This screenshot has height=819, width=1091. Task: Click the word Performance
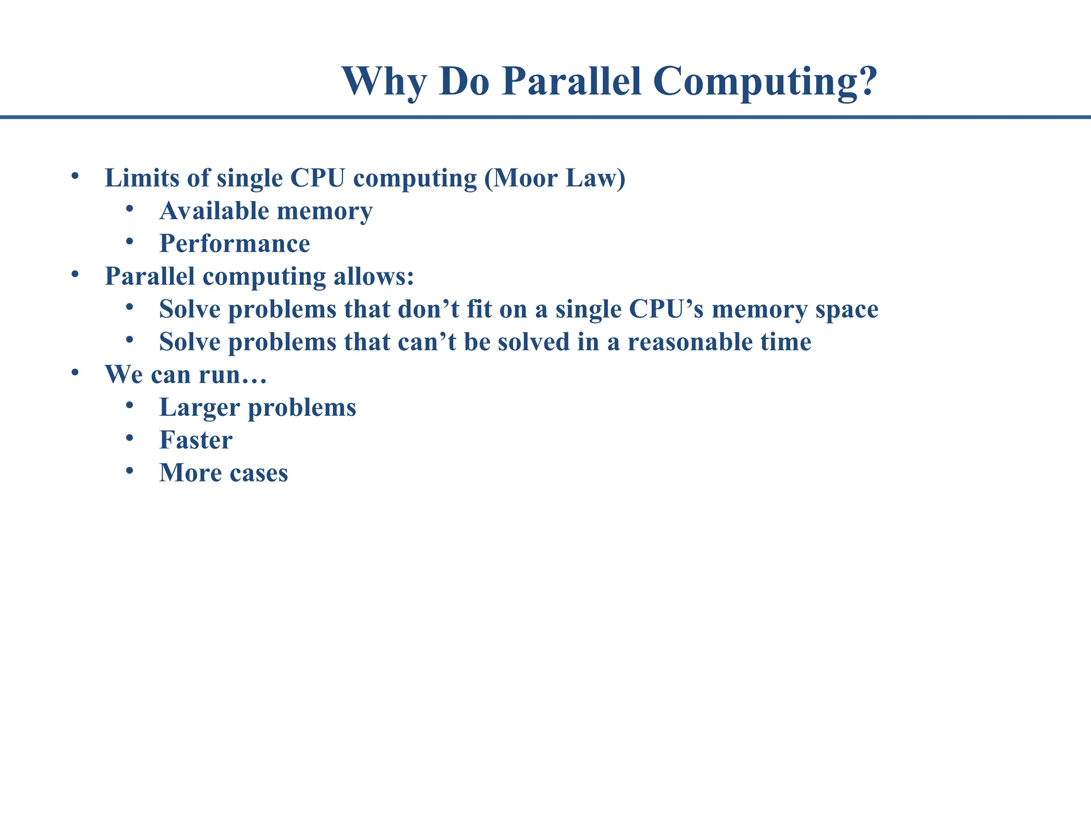[234, 244]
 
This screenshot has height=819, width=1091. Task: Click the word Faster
[196, 440]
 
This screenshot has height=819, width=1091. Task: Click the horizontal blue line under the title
[545, 117]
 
